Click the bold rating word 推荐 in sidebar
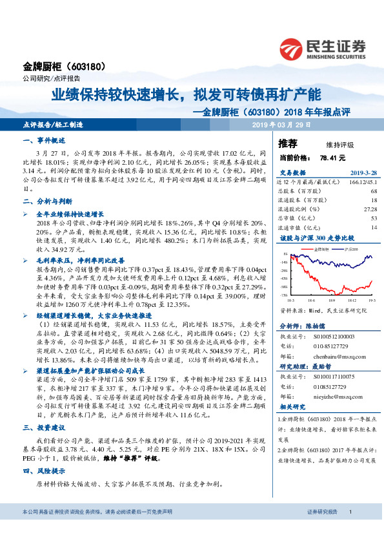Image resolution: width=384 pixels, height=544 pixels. [x=288, y=143]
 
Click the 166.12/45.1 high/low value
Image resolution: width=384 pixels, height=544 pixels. [x=361, y=182]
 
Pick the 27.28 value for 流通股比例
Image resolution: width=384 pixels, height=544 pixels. [x=370, y=209]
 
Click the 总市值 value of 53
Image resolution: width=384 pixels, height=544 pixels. [x=374, y=218]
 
